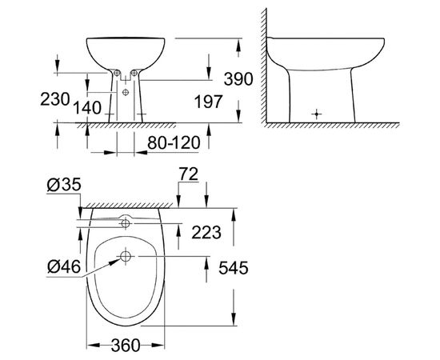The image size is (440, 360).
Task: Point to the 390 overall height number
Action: point(238,78)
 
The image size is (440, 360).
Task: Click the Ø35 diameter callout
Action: point(63,186)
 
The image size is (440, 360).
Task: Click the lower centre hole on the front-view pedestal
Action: point(128,92)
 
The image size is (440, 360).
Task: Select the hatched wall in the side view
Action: point(261,64)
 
